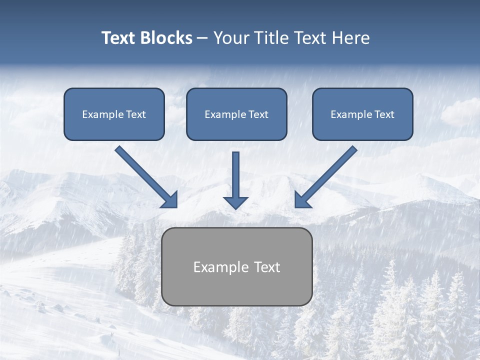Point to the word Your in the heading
231,38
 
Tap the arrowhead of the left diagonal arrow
170,200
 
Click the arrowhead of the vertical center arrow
235,202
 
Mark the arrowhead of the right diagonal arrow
302,200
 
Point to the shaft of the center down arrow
235,172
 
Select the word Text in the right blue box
384,114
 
